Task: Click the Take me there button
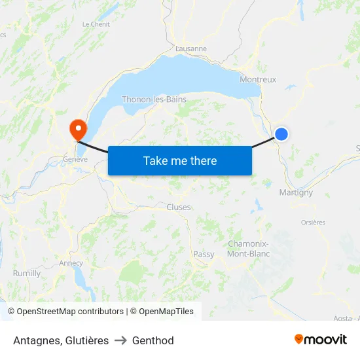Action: pyautogui.click(x=180, y=160)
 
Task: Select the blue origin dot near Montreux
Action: pyautogui.click(x=281, y=134)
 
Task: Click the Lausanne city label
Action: pyautogui.click(x=191, y=48)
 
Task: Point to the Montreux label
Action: pyautogui.click(x=258, y=80)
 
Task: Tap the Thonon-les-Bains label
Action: pyautogui.click(x=154, y=99)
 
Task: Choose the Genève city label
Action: pyautogui.click(x=75, y=159)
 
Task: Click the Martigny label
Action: pyautogui.click(x=296, y=192)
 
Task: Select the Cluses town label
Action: pyautogui.click(x=179, y=207)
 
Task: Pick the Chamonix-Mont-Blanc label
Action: pyautogui.click(x=248, y=249)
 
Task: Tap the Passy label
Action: pyautogui.click(x=204, y=254)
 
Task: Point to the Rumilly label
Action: pyautogui.click(x=27, y=273)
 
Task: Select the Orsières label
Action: pyautogui.click(x=313, y=223)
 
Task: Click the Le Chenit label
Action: pyautogui.click(x=96, y=24)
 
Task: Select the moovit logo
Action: pyautogui.click(x=320, y=339)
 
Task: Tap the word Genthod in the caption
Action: pyautogui.click(x=153, y=340)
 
